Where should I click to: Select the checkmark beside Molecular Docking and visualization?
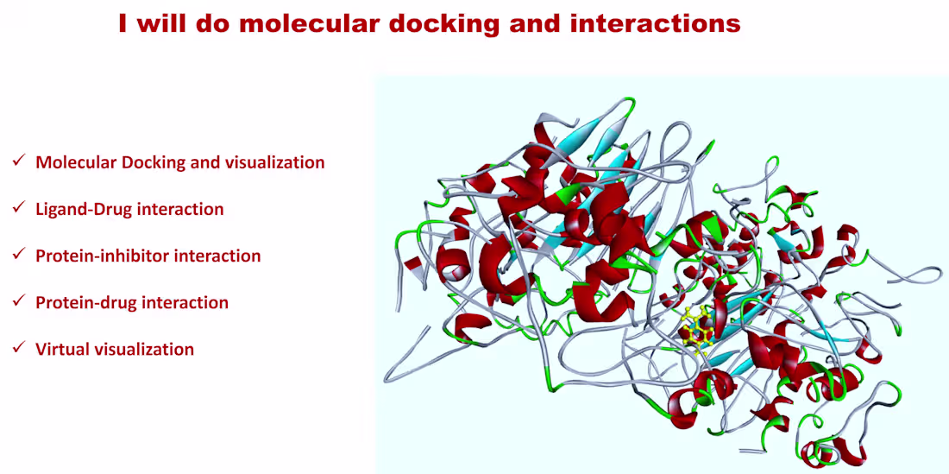click(19, 161)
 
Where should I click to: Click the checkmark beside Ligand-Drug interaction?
click(19, 207)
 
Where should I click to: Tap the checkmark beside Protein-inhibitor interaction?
click(19, 254)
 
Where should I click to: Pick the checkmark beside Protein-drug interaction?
click(19, 300)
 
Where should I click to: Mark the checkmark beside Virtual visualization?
click(19, 347)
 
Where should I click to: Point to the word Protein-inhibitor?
click(103, 256)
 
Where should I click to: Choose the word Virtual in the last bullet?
click(59, 350)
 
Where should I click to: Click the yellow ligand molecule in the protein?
click(696, 331)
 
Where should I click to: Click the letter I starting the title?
click(123, 24)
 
